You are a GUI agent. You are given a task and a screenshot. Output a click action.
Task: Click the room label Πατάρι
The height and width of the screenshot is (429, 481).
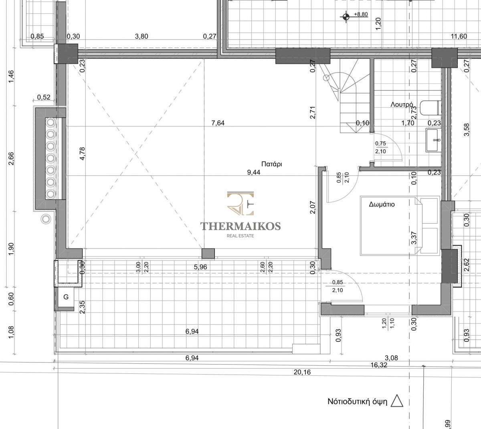pos(272,164)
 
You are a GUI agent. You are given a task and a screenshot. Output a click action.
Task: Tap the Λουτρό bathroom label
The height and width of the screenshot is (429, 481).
pos(402,104)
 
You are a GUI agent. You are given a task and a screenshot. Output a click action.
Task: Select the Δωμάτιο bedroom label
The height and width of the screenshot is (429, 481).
pos(382,204)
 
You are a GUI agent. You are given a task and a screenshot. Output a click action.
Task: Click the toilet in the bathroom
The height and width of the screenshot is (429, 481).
pos(430,108)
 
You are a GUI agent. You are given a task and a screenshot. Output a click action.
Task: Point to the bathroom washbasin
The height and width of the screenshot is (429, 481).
pos(433,140)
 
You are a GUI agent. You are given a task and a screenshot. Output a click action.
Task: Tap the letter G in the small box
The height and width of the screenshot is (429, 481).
pos(66,297)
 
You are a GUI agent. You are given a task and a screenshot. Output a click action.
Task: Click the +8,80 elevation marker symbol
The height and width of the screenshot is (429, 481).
pos(346,17)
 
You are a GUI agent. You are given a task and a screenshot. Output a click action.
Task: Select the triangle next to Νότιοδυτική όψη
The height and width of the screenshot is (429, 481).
pos(397,401)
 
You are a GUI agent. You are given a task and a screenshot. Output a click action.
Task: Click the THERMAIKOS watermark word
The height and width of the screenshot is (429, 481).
pos(240,226)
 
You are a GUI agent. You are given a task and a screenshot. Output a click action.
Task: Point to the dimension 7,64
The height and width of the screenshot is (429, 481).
pos(218,123)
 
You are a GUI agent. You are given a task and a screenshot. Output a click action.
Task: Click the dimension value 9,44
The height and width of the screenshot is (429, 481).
pos(254,172)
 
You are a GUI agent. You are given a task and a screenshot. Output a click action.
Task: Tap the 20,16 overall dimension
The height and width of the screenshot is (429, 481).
pos(302,372)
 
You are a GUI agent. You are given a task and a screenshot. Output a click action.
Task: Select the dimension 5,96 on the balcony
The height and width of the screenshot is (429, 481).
pos(200,267)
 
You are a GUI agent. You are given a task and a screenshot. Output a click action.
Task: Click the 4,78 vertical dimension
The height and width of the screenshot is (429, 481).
pos(83,154)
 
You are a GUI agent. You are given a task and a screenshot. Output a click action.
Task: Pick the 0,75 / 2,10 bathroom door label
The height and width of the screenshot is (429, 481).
pos(380,147)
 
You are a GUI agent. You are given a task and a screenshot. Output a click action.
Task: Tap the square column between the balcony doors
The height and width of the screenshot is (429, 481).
pos(208,254)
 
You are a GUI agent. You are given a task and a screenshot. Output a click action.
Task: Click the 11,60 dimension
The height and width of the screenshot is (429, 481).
pos(459,36)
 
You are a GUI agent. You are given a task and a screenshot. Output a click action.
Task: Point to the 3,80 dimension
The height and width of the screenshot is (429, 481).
pos(141,36)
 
